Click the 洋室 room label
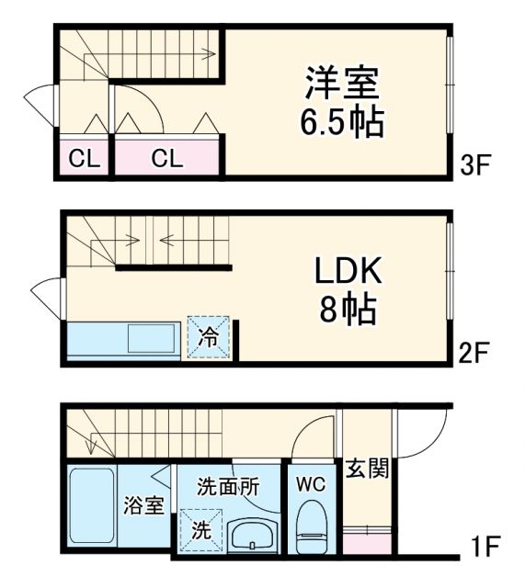pos(341,82)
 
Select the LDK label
pos(348,271)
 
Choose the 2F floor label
pos(478,353)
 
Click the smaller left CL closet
pos(85,158)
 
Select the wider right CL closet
pos(166,158)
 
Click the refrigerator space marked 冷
pos(210,336)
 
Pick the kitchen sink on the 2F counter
pos(153,339)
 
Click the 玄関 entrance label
pos(367,469)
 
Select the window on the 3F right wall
pos(450,83)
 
